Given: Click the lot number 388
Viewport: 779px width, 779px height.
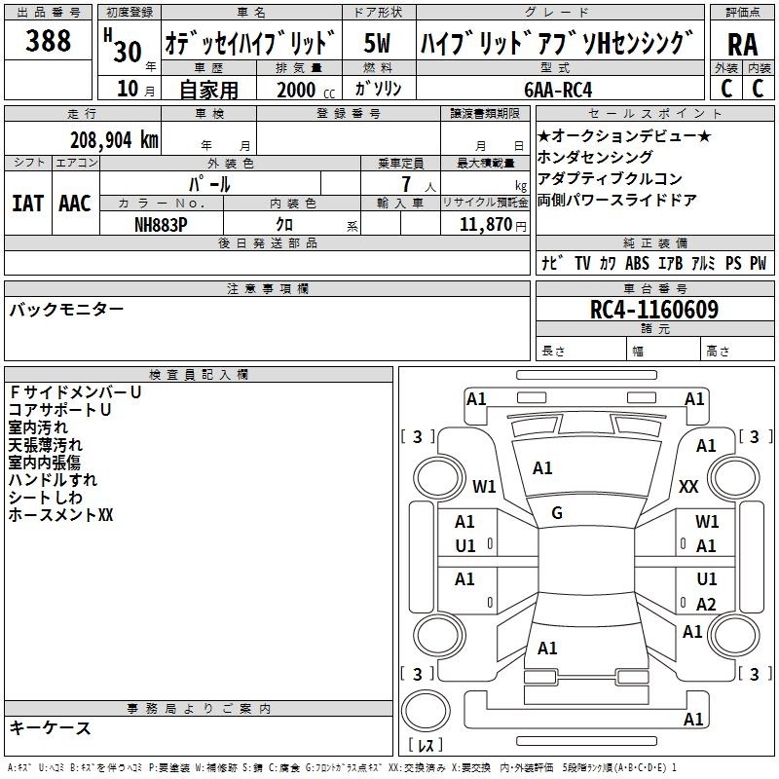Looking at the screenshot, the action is [x=48, y=40].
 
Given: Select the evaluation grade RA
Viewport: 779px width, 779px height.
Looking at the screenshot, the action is [x=742, y=45].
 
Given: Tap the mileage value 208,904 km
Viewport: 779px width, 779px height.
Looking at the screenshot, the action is [x=114, y=140].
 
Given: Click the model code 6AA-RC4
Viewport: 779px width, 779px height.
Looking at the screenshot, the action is [x=558, y=90].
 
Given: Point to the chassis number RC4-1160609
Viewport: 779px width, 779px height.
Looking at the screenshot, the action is [x=653, y=310].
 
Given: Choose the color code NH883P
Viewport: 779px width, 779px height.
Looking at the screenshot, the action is [x=161, y=225].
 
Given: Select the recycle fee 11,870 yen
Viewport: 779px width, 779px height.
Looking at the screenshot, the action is [x=493, y=225].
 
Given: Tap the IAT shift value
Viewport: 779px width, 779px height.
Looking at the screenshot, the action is [x=28, y=204].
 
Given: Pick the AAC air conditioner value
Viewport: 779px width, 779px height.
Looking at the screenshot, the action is [x=75, y=204].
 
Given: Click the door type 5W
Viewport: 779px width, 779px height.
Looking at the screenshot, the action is [x=377, y=43].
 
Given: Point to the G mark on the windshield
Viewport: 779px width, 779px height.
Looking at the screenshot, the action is [x=557, y=513].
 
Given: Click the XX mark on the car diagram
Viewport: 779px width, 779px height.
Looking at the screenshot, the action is [x=688, y=486].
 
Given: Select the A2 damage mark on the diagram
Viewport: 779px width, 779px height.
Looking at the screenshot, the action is [x=706, y=604].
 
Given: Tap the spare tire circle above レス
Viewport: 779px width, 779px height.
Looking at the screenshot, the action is [x=426, y=711].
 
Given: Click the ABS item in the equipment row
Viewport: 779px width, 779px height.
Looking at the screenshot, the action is [x=637, y=263].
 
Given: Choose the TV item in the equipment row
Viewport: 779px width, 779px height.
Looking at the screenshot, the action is [x=582, y=263].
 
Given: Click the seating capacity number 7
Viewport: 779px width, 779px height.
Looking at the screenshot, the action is [x=406, y=184].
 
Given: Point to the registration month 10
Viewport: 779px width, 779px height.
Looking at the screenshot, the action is [x=128, y=89].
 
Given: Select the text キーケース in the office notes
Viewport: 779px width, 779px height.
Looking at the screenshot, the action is [x=50, y=727].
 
